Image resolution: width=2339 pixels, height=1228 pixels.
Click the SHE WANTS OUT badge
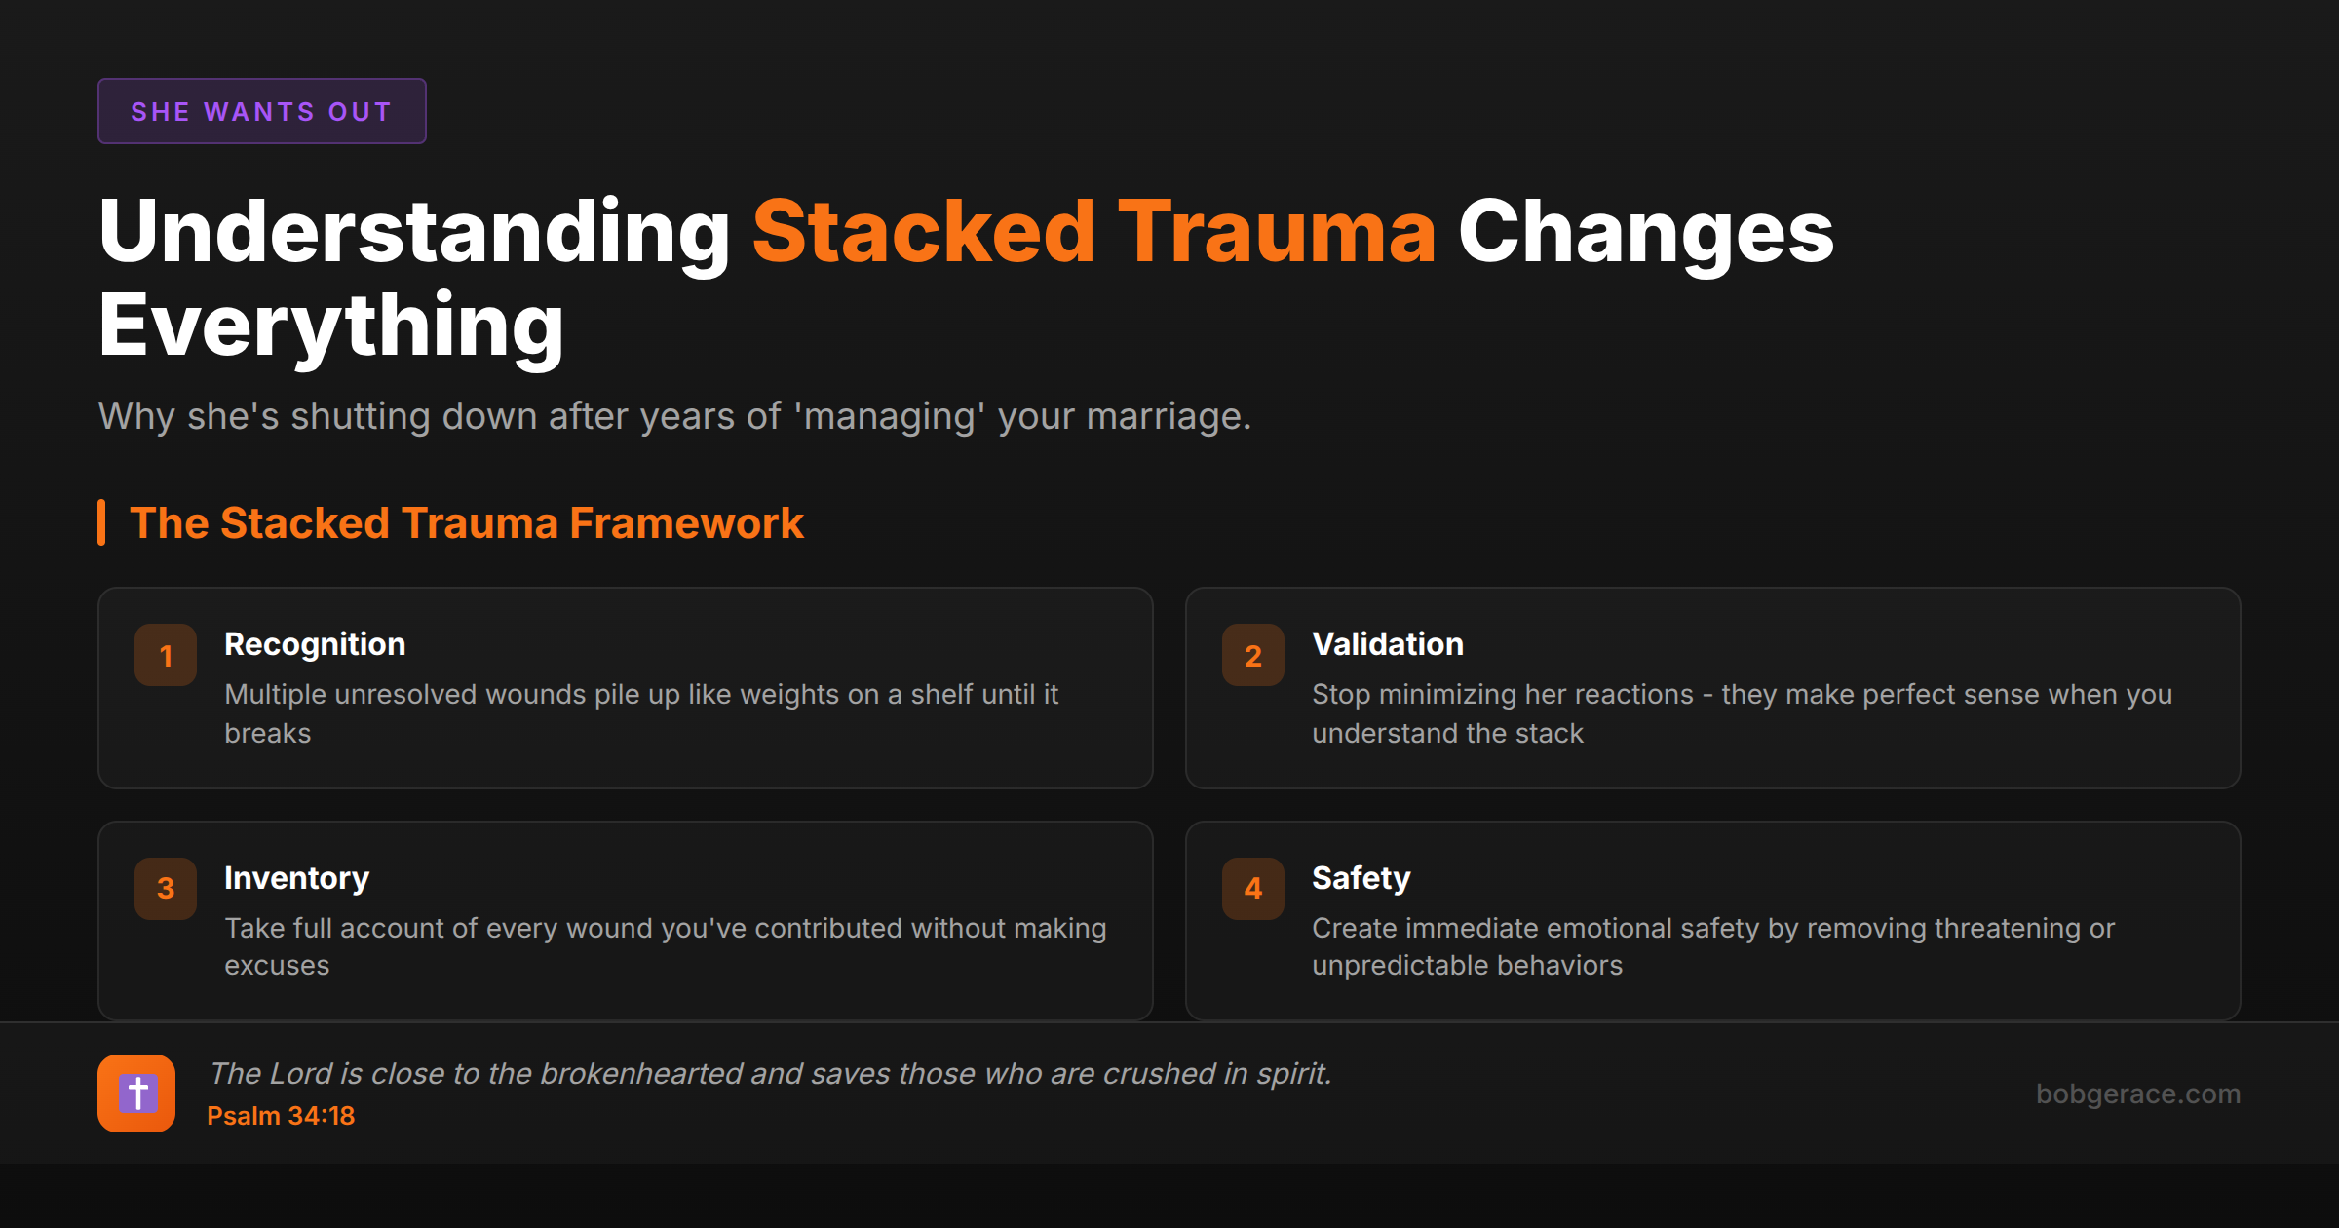pyautogui.click(x=261, y=111)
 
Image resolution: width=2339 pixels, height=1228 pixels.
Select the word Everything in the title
pyautogui.click(x=331, y=326)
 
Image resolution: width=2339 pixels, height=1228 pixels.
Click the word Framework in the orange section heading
pyautogui.click(x=686, y=523)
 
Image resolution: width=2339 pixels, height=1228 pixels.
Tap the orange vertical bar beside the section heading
pyautogui.click(x=101, y=523)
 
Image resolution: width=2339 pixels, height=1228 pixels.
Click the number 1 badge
pyautogui.click(x=166, y=655)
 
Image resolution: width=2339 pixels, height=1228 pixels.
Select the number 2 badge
pyautogui.click(x=1253, y=655)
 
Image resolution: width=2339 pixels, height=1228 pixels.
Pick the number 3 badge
pyautogui.click(x=166, y=888)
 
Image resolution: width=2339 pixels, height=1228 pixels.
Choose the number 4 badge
pyautogui.click(x=1253, y=888)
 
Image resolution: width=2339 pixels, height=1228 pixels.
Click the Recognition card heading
pyautogui.click(x=315, y=644)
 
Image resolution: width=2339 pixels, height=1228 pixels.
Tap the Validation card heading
pyautogui.click(x=1388, y=644)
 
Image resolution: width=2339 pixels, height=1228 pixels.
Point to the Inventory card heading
pyautogui.click(x=296, y=878)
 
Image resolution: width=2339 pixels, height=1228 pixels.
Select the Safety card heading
pyautogui.click(x=1361, y=878)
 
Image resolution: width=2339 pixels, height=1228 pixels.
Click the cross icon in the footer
pyautogui.click(x=136, y=1094)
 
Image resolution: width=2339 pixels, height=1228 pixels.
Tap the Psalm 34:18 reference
pyautogui.click(x=281, y=1116)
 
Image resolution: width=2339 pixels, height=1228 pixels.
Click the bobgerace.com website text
pyautogui.click(x=2137, y=1094)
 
